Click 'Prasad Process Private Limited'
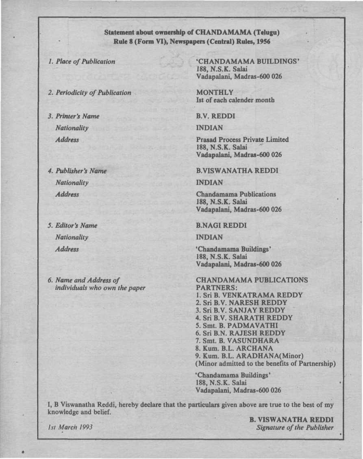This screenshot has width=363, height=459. coord(242,139)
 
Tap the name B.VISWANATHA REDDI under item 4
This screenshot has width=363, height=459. coord(237,171)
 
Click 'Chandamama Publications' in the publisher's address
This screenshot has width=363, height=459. coord(236,194)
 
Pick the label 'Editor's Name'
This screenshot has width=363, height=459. coord(76,225)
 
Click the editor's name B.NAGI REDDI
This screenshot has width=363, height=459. coord(221,225)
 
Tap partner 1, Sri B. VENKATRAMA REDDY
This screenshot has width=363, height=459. coord(249,295)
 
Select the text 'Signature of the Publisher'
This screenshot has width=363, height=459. coord(295,427)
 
